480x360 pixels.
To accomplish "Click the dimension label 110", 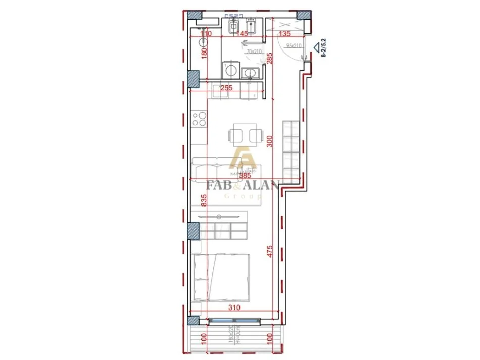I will pos(205,34).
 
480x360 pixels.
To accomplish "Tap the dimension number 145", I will pos(242,34).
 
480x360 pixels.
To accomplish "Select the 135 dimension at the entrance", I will pos(285,34).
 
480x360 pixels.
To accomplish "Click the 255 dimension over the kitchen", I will pos(227,87).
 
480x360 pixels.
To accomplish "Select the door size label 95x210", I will pos(293,46).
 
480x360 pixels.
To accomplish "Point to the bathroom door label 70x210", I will pos(254,52).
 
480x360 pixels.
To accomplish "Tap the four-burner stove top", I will pos(199,119).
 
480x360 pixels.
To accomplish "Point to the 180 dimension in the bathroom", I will pos(205,53).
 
